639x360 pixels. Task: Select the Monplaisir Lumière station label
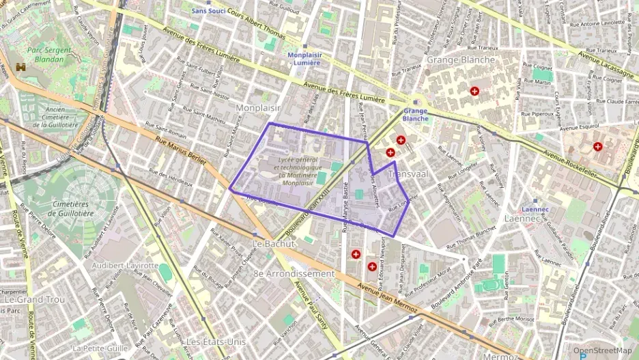tap(304, 58)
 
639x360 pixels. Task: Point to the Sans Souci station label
tap(210, 11)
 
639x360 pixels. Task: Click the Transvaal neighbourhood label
tap(408, 174)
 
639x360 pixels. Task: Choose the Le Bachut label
tap(272, 243)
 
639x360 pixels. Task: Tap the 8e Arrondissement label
tap(294, 273)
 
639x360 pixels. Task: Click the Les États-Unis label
tap(216, 341)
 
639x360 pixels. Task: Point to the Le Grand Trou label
tap(33, 299)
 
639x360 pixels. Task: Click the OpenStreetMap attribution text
tap(602, 350)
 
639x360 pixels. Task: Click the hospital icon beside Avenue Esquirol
tap(597, 146)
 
